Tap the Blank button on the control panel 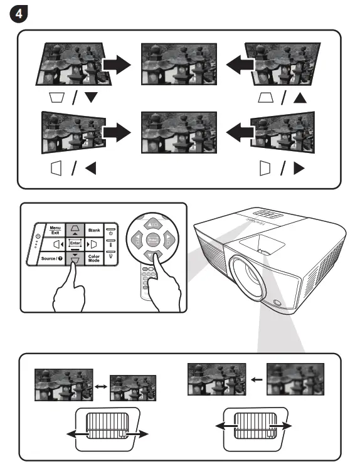pos(93,230)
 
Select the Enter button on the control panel pos(75,243)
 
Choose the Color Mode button pos(94,257)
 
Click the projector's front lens pos(253,279)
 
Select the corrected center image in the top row pos(179,65)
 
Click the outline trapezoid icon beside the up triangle pos(266,97)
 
